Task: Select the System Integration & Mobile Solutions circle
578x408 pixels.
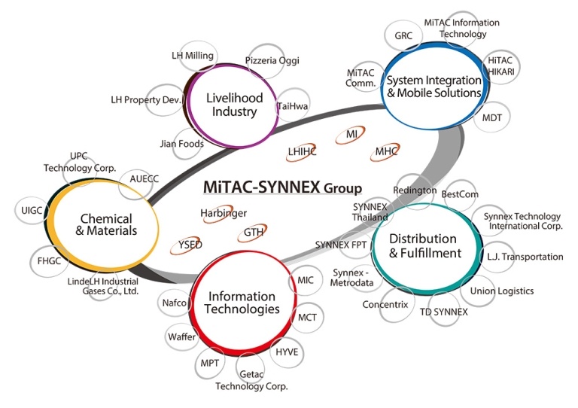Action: [433, 86]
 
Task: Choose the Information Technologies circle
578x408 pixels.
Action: [243, 303]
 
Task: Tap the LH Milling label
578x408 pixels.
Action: [193, 56]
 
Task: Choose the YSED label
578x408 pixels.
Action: [190, 245]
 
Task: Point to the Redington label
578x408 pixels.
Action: [415, 190]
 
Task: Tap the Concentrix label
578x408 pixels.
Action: [385, 305]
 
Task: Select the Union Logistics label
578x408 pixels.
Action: [501, 291]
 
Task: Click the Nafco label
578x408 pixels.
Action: [174, 303]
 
